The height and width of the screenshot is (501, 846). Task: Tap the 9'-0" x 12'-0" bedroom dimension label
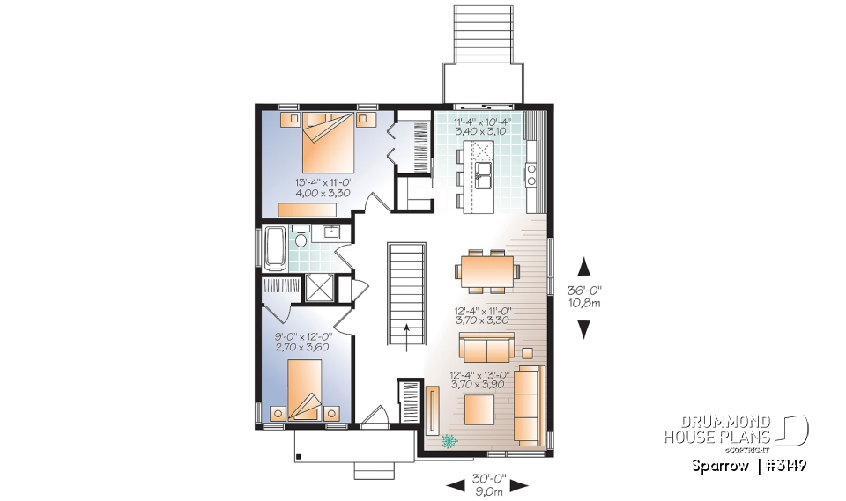[302, 342]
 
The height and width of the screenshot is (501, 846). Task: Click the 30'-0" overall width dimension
[486, 483]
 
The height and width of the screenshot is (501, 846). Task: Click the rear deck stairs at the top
[482, 35]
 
